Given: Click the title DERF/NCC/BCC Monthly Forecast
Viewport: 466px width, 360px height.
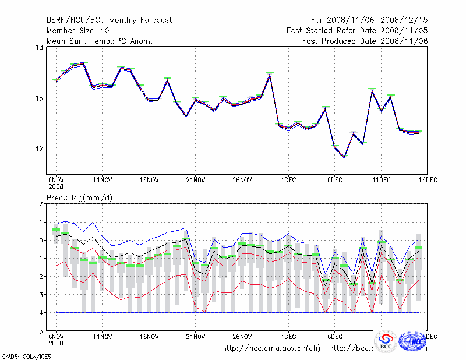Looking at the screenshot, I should point(109,20).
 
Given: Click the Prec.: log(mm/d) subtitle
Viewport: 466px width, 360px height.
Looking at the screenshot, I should point(80,198).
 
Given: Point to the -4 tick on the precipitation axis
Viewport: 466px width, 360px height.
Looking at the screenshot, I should point(38,313).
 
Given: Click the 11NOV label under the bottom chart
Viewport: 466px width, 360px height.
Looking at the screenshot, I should point(102,336).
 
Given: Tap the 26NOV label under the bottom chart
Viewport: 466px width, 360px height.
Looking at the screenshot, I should point(242,336).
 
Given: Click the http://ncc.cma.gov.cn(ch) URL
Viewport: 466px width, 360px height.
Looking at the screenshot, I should point(271,348).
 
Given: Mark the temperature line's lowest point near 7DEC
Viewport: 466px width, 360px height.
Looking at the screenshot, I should point(344,157).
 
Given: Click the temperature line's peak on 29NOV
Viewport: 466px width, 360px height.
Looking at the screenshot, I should point(270,75).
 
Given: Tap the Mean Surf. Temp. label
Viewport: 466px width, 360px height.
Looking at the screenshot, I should point(99,41).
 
